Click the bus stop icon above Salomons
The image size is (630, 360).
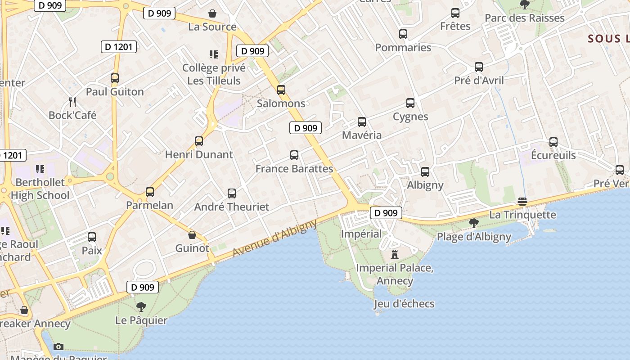281,90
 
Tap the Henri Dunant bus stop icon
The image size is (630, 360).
199,141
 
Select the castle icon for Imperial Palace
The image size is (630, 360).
395,255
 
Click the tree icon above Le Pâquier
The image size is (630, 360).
141,307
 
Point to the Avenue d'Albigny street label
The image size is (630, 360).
274,239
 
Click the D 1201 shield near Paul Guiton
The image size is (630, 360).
118,46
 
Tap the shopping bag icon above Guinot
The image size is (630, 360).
192,235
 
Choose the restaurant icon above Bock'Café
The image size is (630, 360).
72,102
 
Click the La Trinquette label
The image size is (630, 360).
522,215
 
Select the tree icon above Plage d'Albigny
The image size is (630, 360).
473,223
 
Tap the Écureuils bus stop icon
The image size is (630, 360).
553,142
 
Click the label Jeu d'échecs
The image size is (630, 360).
404,304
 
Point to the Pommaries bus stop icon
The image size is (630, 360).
403,34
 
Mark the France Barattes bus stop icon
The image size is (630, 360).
294,155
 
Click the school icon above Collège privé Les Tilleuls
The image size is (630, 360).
214,54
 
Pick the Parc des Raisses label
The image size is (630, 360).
524,18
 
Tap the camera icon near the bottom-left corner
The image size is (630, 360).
58,346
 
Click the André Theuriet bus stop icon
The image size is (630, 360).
232,193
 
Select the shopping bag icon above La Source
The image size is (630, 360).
212,14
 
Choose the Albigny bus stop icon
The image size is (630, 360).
425,172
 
